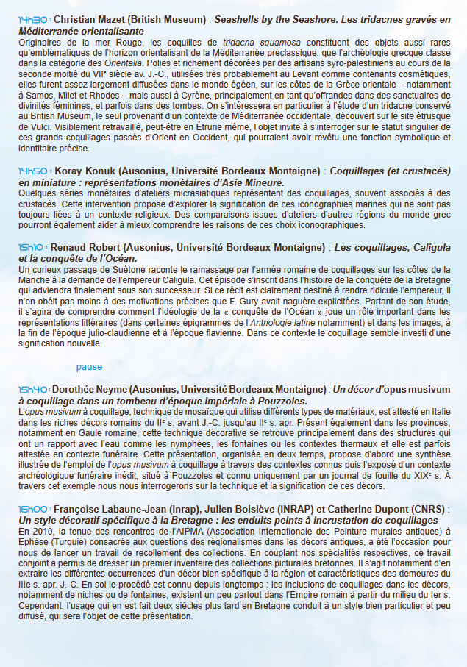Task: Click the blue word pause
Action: [x=89, y=367]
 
